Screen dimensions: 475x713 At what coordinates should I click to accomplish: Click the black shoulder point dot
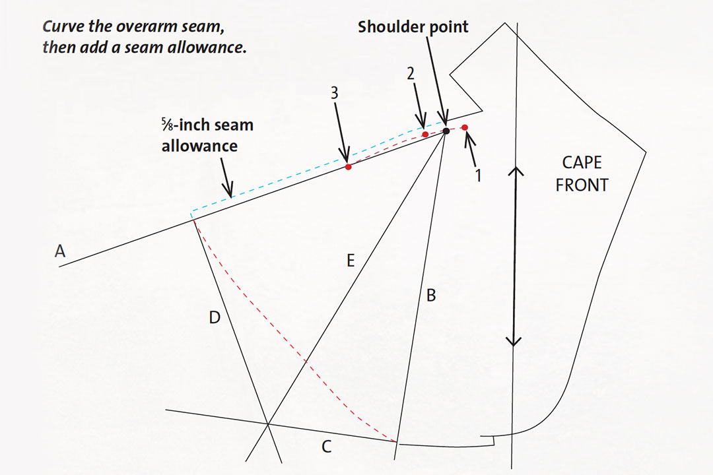446,131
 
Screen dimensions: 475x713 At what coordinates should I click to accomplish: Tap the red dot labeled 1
465,127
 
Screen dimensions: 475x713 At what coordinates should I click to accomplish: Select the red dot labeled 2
425,135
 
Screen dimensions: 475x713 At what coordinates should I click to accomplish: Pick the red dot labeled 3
349,168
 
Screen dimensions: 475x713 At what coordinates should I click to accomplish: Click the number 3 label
335,94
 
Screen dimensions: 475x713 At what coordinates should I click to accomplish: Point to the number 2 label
410,75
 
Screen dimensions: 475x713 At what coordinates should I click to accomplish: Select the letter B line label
430,296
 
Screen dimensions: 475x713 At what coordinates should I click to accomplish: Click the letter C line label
327,447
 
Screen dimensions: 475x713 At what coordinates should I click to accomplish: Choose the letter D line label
214,319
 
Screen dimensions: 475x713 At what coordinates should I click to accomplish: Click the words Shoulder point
413,28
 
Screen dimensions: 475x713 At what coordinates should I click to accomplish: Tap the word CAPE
582,163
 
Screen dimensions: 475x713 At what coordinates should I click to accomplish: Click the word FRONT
582,185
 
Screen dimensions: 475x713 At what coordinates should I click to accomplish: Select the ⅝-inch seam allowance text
208,135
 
